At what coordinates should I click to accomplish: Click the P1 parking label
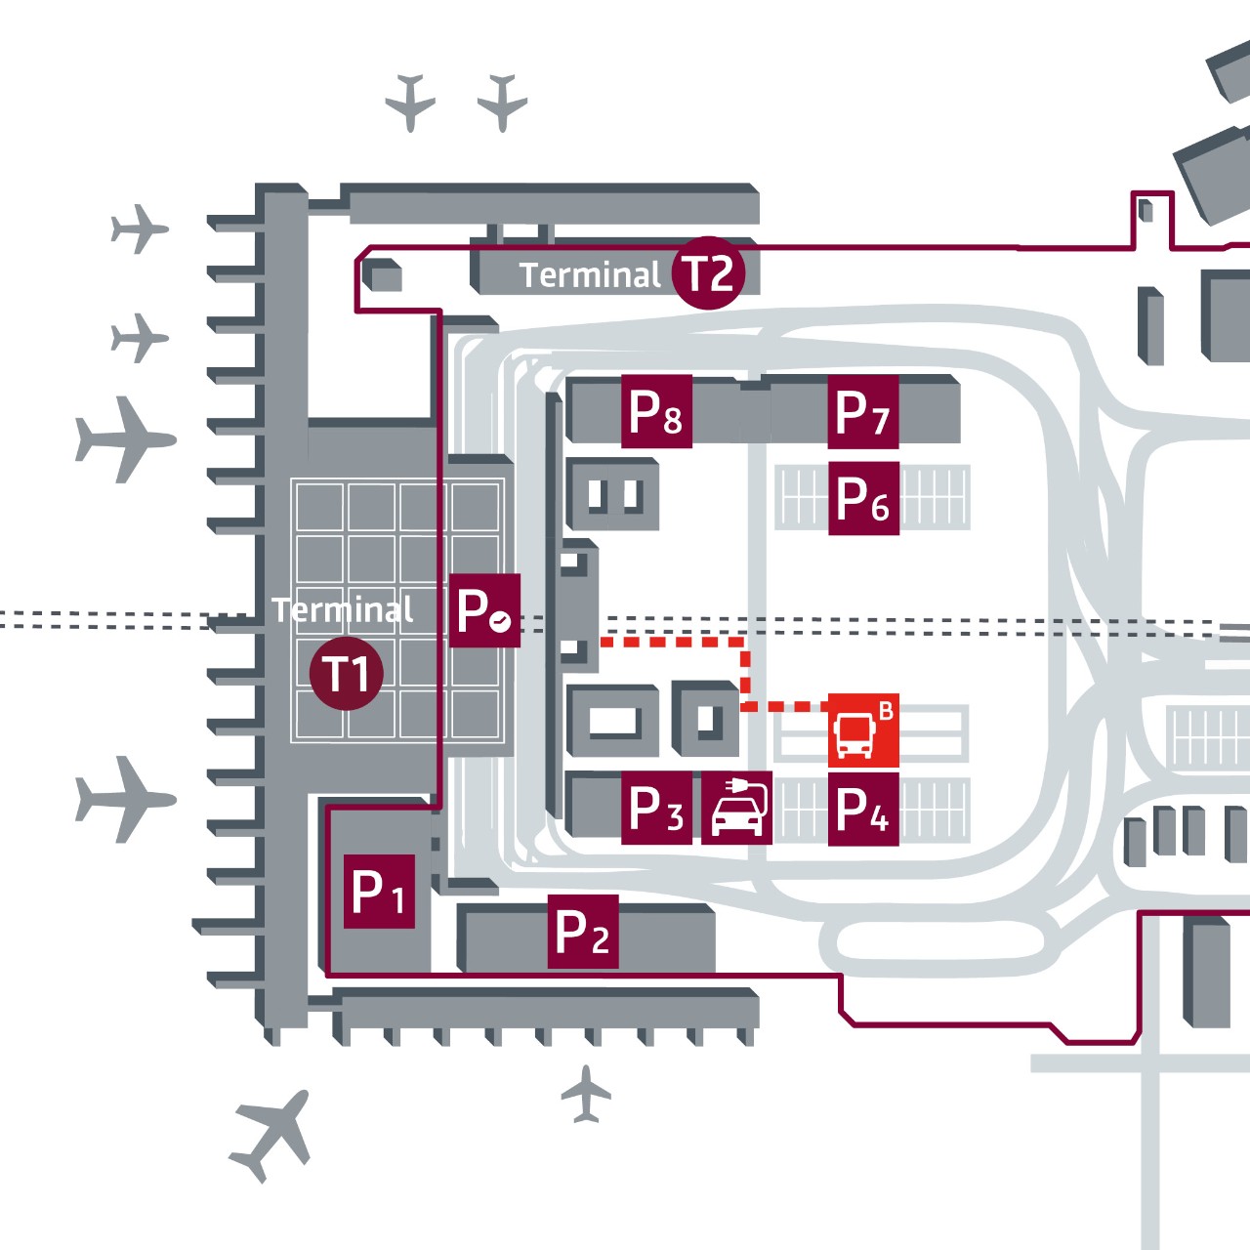(379, 892)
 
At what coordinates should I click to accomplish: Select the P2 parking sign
(582, 932)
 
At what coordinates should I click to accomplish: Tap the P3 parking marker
(657, 809)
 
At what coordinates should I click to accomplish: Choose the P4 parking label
(863, 809)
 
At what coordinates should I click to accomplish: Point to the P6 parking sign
(863, 499)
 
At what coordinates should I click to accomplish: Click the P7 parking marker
(863, 412)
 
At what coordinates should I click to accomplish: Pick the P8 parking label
(657, 412)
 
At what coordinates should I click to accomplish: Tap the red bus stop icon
(862, 730)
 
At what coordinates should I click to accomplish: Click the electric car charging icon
(737, 809)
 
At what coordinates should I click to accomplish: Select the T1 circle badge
(346, 674)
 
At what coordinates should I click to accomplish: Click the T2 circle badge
(709, 273)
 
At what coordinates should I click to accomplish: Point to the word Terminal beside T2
(590, 275)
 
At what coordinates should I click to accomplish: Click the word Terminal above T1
(343, 610)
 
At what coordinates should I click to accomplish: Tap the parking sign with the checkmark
(484, 611)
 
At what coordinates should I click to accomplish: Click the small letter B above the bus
(886, 711)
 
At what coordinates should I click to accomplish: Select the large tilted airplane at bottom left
(271, 1136)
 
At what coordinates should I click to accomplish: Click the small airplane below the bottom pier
(586, 1095)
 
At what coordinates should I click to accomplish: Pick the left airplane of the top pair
(410, 101)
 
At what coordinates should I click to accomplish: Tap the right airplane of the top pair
(503, 101)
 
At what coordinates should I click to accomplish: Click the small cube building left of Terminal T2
(383, 276)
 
